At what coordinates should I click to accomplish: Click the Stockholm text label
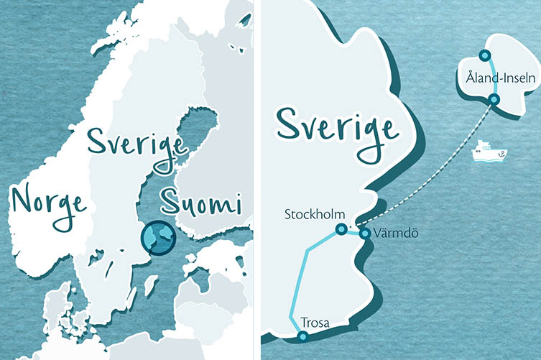pyautogui.click(x=315, y=214)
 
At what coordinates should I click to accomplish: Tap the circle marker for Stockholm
pyautogui.click(x=341, y=230)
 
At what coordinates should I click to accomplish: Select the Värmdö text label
pyautogui.click(x=392, y=234)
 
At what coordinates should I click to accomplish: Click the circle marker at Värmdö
pyautogui.click(x=365, y=234)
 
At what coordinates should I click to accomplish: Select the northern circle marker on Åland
pyautogui.click(x=485, y=55)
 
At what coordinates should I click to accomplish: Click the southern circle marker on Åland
pyautogui.click(x=493, y=99)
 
